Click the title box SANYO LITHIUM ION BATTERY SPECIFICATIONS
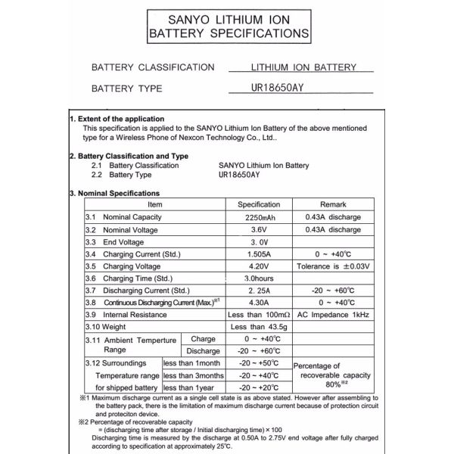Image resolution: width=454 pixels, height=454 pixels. (228, 25)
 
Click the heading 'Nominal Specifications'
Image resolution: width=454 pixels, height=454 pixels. (117, 193)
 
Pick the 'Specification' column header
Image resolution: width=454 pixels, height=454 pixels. (259, 204)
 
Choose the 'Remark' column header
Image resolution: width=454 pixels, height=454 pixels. (333, 204)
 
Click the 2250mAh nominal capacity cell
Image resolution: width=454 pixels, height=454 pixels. (259, 217)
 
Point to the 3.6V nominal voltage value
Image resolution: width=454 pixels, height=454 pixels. (259, 229)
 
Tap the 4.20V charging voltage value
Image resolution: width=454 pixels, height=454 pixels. (259, 266)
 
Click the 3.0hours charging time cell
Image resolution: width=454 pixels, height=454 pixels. (259, 278)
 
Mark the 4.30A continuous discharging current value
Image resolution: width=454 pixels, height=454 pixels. (259, 302)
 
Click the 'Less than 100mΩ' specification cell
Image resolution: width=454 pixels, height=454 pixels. (259, 314)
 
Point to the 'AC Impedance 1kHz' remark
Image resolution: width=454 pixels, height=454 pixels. (333, 314)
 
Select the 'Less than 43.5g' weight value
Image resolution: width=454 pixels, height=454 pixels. (259, 326)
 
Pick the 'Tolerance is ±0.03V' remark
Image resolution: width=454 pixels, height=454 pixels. (333, 266)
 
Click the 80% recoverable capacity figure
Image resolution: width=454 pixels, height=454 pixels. (333, 384)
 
